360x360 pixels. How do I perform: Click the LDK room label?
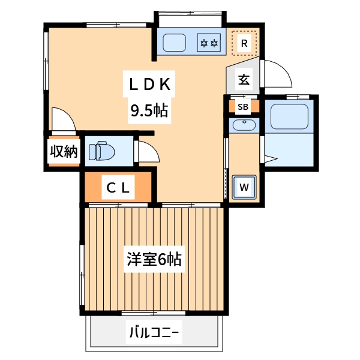pyautogui.click(x=149, y=84)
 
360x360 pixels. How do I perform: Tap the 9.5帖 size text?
pyautogui.click(x=149, y=110)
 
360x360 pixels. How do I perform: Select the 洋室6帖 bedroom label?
pyautogui.click(x=154, y=259)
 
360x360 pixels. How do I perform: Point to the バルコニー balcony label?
pyautogui.click(x=154, y=332)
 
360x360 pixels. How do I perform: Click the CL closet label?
pyautogui.click(x=118, y=188)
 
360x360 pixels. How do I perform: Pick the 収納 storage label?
pyautogui.click(x=64, y=151)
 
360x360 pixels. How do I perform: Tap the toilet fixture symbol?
pyautogui.click(x=102, y=151)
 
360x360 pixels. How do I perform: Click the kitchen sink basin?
pyautogui.click(x=174, y=43)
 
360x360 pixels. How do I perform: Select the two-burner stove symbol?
pyautogui.click(x=209, y=43)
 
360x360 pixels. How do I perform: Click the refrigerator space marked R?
pyautogui.click(x=244, y=43)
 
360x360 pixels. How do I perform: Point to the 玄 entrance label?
pyautogui.click(x=244, y=80)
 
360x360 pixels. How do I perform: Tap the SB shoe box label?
pyautogui.click(x=243, y=107)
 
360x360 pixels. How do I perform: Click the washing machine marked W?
pyautogui.click(x=244, y=187)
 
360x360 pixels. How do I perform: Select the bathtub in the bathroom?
pyautogui.click(x=289, y=116)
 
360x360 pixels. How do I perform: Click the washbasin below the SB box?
pyautogui.click(x=244, y=125)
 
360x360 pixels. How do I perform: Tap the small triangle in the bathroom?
pyautogui.click(x=271, y=158)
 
